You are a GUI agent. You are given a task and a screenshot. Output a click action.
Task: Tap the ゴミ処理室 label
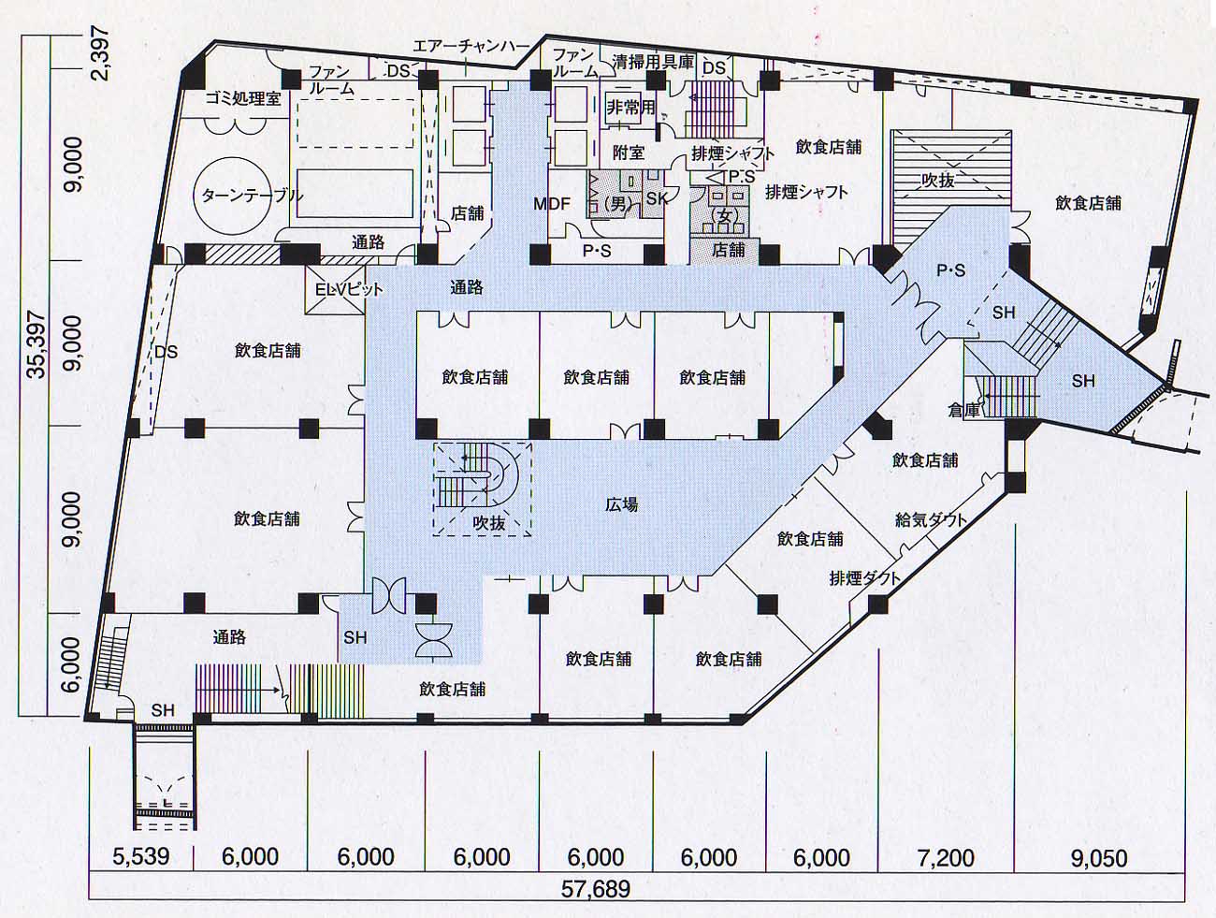coord(243,98)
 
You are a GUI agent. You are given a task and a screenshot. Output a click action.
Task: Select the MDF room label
coord(552,204)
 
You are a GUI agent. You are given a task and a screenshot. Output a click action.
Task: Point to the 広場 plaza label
coord(622,504)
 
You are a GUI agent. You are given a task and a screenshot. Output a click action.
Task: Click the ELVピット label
coord(349,289)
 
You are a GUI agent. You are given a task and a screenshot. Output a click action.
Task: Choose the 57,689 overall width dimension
coord(596,889)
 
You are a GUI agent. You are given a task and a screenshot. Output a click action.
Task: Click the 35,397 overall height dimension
coord(37,344)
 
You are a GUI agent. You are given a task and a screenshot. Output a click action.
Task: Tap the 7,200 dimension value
coord(947,857)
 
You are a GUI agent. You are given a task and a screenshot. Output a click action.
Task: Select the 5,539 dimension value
coord(140,856)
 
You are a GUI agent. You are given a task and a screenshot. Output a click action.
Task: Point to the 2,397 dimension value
coord(103,53)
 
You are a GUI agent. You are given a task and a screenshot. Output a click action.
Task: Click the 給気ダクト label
coord(932,519)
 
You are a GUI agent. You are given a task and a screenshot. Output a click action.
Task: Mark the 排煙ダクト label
coord(865,578)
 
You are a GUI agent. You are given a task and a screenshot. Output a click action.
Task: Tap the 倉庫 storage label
coord(965,411)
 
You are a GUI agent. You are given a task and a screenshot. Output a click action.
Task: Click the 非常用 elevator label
coord(631,107)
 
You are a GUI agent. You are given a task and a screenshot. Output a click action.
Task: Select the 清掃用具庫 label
coord(653,62)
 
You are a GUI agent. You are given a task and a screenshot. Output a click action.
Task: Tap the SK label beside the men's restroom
coord(657,198)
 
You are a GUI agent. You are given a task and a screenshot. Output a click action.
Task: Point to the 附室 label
coord(629,153)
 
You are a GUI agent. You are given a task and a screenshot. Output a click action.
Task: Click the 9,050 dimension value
coord(1099,858)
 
